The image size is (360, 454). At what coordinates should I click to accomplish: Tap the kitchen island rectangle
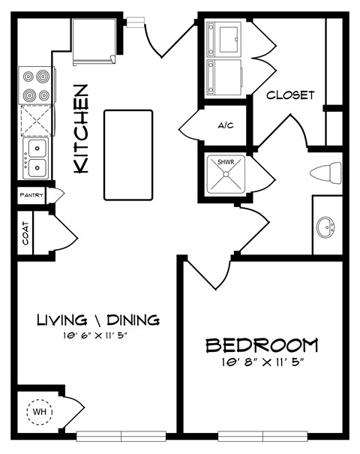point(128,155)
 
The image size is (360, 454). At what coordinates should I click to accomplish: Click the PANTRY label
point(32,195)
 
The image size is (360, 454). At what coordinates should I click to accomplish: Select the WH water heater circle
point(38,411)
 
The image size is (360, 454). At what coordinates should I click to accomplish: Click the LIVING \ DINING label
point(98,320)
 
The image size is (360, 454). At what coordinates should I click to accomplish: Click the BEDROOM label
point(262,346)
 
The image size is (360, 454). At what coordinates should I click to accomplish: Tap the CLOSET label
point(290,95)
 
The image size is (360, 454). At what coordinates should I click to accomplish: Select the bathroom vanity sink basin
point(326,225)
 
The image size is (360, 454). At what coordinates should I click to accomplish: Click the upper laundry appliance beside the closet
point(224,36)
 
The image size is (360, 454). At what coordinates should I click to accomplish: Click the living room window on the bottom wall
point(121,434)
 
